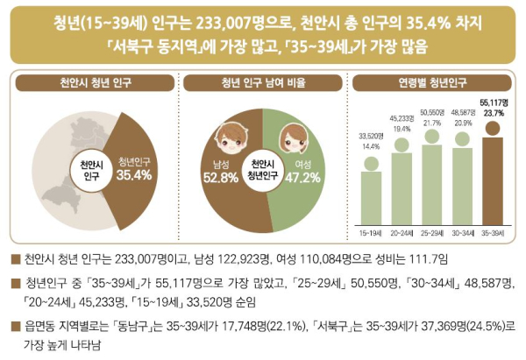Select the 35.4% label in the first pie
click(133, 175)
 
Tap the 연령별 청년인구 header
click(432, 85)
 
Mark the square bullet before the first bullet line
click(15, 260)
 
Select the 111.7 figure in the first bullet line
click(421, 260)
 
